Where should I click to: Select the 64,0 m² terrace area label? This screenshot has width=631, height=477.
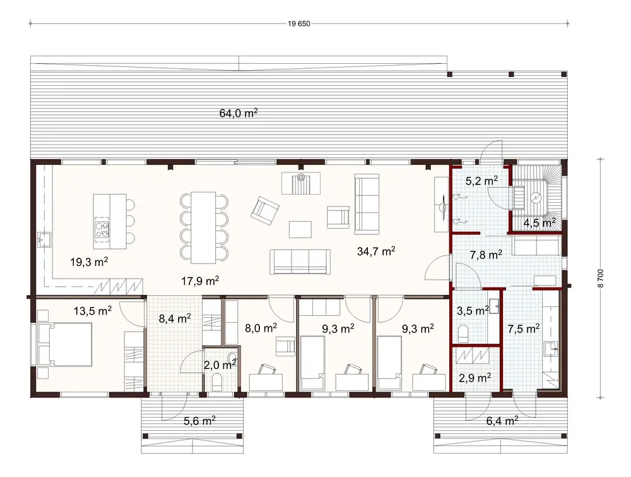239,114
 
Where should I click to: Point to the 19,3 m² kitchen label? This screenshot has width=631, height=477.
90,261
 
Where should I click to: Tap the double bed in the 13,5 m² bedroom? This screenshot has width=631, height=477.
64,344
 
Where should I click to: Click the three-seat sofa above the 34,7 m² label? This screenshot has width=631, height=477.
365,202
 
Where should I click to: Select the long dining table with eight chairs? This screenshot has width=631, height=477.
203,227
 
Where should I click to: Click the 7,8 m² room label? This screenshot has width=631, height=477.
486,255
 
